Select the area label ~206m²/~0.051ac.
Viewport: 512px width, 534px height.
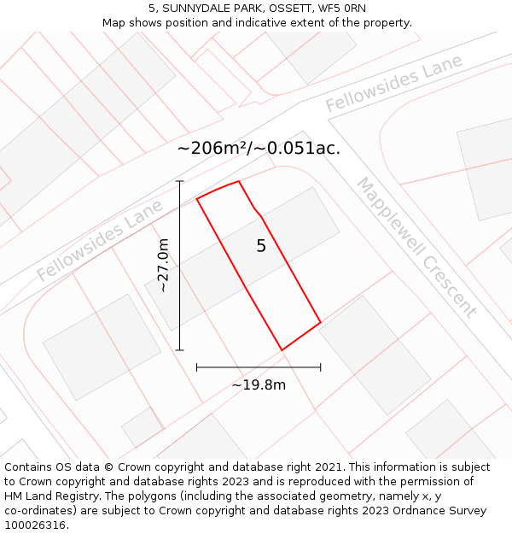[x=259, y=148]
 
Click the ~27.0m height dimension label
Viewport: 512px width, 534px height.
[x=162, y=265]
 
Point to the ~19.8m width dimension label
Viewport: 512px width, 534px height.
[x=259, y=384]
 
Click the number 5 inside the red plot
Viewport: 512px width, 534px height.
[x=261, y=246]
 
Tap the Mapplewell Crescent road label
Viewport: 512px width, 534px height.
[x=416, y=247]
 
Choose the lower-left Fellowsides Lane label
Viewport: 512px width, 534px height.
[x=100, y=241]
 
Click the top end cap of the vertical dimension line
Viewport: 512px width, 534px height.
[x=180, y=181]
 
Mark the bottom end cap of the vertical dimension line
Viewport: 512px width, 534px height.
[x=180, y=349]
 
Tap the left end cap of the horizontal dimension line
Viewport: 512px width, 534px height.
[x=197, y=367]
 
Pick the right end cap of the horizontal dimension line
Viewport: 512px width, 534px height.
[x=321, y=367]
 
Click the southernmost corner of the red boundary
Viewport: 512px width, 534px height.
[x=282, y=349]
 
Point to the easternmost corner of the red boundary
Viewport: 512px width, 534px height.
[x=320, y=322]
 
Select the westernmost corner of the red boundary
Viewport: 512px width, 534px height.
[x=197, y=199]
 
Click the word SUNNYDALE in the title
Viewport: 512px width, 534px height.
[x=189, y=8]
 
